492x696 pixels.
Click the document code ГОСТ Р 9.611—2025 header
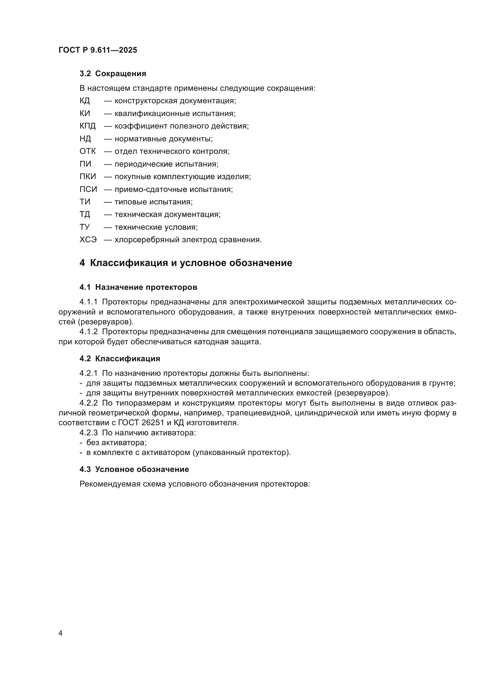(x=98, y=50)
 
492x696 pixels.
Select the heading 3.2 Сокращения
(x=113, y=74)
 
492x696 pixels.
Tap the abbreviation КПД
(x=87, y=126)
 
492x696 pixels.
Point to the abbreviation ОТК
(x=87, y=151)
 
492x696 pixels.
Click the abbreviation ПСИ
(x=88, y=190)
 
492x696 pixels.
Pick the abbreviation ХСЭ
(x=88, y=240)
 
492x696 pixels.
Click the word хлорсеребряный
(x=147, y=240)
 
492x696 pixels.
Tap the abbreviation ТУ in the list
(x=84, y=227)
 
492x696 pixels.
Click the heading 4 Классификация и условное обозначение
(x=186, y=263)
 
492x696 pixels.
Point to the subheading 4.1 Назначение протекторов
(x=138, y=287)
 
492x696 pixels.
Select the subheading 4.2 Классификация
(x=120, y=359)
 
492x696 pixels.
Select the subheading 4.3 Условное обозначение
(x=134, y=469)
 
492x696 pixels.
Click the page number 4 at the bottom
(x=60, y=633)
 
